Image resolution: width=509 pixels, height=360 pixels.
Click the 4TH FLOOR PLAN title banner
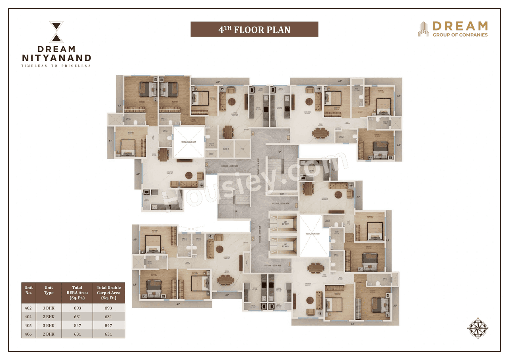[254, 29]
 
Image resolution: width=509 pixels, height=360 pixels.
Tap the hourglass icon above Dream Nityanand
[56, 32]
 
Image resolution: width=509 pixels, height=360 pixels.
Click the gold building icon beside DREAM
[423, 29]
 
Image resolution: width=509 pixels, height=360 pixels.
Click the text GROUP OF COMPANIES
[460, 35]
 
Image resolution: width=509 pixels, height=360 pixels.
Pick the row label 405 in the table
[29, 325]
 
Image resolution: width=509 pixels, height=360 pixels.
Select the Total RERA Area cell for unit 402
[77, 308]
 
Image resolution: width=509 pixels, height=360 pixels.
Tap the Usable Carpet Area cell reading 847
[109, 325]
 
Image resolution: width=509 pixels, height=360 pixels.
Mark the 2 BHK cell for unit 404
[49, 317]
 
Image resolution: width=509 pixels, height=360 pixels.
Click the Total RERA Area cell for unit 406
[77, 334]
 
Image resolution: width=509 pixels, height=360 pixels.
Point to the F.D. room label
[242, 148]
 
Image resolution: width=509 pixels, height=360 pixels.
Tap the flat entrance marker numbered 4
[253, 134]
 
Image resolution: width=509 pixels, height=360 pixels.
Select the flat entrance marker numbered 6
[296, 205]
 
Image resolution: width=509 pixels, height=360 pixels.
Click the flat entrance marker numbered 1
[289, 263]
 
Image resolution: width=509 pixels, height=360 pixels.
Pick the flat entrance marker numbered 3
[207, 163]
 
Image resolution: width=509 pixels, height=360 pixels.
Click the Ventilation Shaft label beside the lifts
[313, 234]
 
